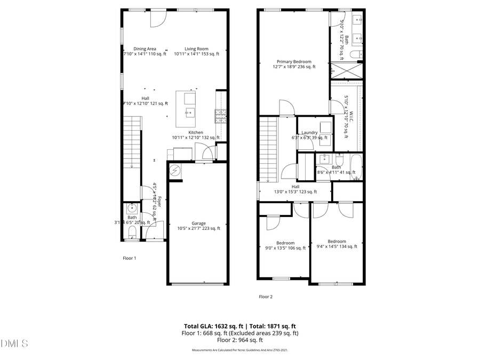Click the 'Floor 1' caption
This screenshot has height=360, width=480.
130,258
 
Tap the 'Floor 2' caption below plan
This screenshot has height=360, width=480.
266,297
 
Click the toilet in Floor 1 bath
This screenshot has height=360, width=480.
132,230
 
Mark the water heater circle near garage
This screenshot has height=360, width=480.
175,171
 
